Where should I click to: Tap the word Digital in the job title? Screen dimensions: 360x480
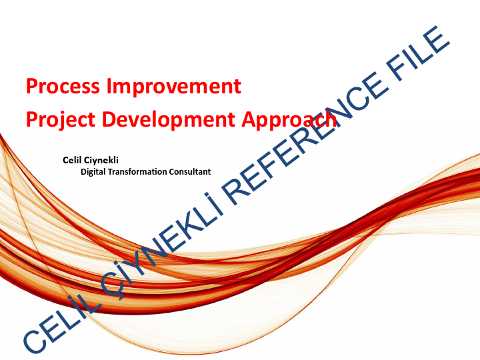click(93, 172)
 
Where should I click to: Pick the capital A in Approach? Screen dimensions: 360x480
click(247, 119)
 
